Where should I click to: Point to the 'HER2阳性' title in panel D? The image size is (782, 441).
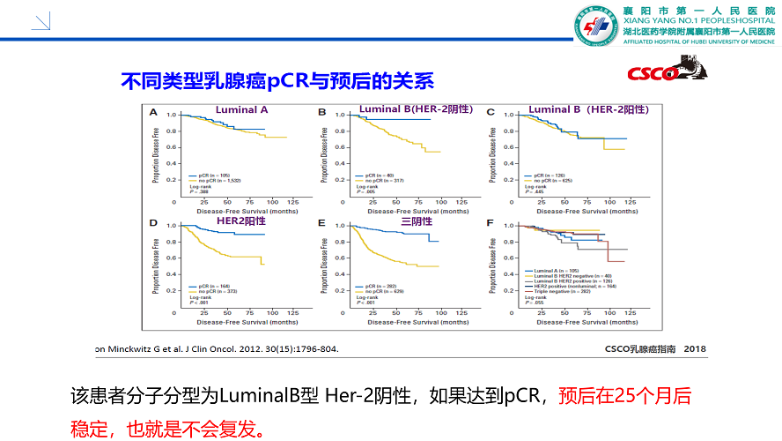point(240,220)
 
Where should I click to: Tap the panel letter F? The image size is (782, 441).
point(490,224)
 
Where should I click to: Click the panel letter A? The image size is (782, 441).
point(153,112)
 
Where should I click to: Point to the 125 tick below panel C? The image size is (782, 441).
point(630,202)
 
